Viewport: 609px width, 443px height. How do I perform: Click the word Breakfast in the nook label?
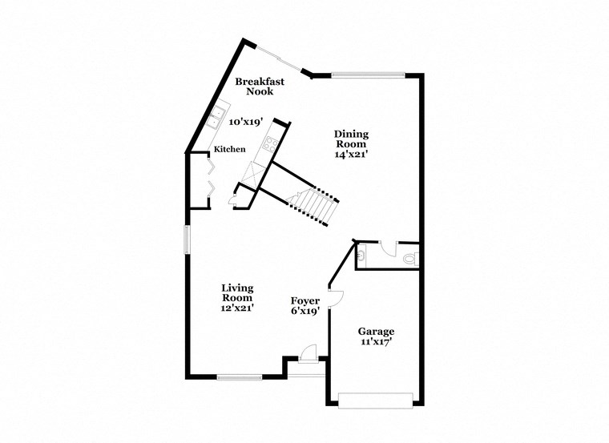260,81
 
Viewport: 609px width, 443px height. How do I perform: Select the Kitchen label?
229,150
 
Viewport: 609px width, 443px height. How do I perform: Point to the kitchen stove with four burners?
270,147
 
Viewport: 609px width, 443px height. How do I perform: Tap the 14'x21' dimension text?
351,154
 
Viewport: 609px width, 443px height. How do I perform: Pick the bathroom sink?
362,256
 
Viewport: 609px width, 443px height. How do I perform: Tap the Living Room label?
237,292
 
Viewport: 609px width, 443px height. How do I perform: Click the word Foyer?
305,301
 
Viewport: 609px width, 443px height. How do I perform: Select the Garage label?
376,331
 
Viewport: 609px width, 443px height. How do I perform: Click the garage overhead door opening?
375,400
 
